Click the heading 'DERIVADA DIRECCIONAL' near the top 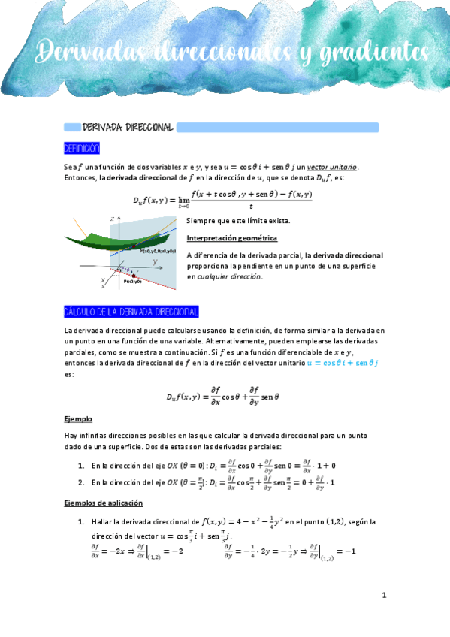click(x=128, y=128)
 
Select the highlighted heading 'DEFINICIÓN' click(x=82, y=148)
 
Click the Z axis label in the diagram click(x=111, y=218)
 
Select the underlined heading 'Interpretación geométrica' click(x=232, y=238)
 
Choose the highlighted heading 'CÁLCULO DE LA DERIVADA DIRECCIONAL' click(x=131, y=312)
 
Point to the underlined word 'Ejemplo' click(x=79, y=418)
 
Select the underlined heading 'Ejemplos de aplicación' click(x=104, y=503)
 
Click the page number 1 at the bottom click(x=384, y=596)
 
